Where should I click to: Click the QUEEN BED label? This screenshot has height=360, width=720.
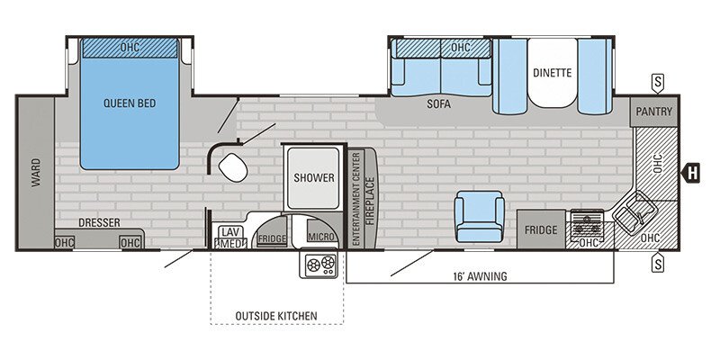[x=130, y=103]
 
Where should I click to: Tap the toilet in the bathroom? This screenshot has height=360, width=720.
[x=233, y=166]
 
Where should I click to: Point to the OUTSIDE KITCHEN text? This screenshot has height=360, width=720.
[x=276, y=315]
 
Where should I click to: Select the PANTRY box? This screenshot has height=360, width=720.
[x=655, y=111]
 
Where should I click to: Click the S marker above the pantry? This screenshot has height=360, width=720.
[x=658, y=83]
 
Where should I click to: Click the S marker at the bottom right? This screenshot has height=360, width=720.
[x=658, y=263]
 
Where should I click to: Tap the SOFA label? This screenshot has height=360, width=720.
[x=438, y=104]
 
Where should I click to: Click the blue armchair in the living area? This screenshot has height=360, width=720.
[x=480, y=217]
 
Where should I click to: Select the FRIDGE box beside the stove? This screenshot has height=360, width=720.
[x=541, y=230]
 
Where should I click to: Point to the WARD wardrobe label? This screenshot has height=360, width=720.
[x=36, y=172]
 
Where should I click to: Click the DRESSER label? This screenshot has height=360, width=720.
[x=100, y=222]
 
